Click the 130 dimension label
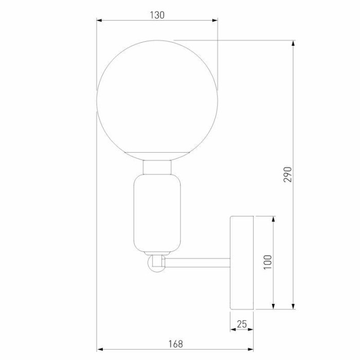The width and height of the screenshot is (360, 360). click(x=157, y=15)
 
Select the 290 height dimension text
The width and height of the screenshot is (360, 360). click(x=288, y=174)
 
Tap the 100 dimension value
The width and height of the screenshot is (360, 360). click(x=267, y=262)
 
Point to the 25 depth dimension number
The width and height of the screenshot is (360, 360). click(x=242, y=325)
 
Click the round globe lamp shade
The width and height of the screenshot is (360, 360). click(x=157, y=98)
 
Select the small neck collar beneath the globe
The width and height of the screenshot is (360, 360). click(x=157, y=167)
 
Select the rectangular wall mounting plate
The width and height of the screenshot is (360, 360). click(x=242, y=263)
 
